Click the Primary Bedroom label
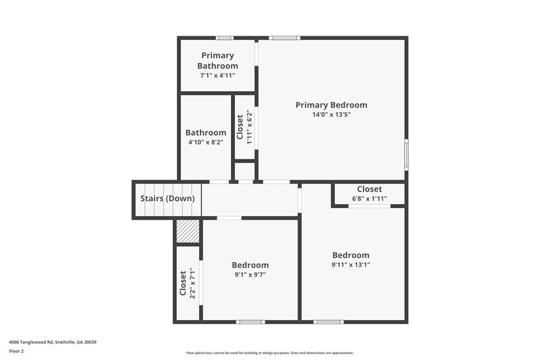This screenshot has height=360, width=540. (331, 105)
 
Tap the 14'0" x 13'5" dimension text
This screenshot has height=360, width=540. (331, 115)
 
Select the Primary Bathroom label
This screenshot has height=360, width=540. (217, 61)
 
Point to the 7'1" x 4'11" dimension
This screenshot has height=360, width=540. (217, 76)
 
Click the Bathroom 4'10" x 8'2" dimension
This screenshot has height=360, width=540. (206, 143)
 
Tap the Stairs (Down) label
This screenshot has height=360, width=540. (167, 199)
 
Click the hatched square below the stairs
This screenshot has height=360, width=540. (188, 231)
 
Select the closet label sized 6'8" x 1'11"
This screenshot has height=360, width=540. (369, 189)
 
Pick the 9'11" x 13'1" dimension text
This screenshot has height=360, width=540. (351, 265)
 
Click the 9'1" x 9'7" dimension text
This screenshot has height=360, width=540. (250, 275)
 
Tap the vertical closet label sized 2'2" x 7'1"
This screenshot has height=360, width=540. (183, 284)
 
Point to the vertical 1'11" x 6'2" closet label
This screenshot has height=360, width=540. (240, 126)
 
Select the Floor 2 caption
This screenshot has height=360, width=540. (16, 351)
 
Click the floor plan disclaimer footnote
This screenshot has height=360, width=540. (270, 353)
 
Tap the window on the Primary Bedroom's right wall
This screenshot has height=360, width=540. (406, 154)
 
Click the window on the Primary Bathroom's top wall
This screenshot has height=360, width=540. (225, 38)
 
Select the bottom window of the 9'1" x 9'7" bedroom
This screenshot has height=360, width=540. (250, 322)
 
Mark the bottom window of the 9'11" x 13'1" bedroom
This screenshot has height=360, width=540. (329, 322)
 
